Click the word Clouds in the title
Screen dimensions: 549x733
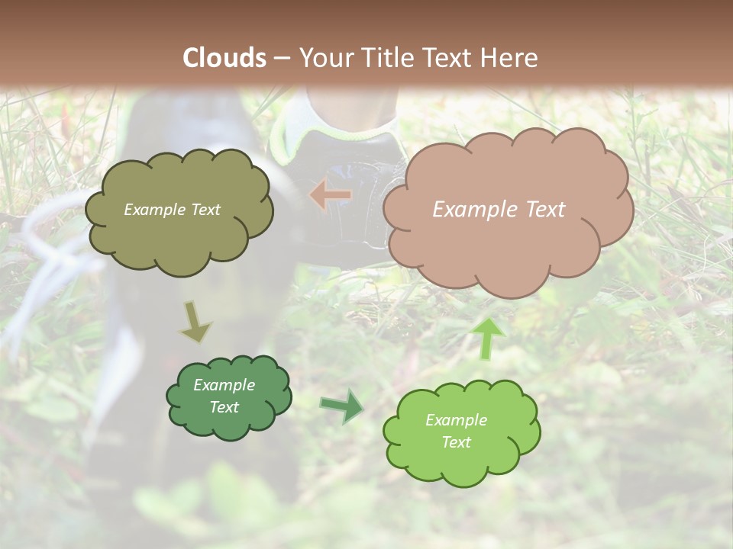coord(224,58)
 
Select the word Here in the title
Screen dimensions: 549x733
coord(509,58)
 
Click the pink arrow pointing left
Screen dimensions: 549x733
coord(331,195)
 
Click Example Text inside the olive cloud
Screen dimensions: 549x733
coord(172,210)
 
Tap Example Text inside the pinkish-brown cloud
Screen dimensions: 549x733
coord(499,210)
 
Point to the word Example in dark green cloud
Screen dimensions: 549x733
coord(224,385)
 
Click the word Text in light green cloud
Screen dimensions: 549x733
coord(456,442)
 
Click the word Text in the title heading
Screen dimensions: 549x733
coord(449,58)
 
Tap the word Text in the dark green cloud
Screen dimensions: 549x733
coord(224,407)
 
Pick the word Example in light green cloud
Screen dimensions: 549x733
coord(456,420)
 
